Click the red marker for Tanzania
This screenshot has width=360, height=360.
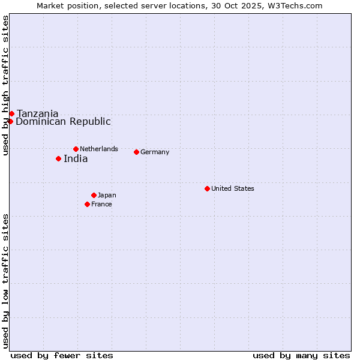(11, 113)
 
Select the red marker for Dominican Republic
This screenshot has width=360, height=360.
(10, 121)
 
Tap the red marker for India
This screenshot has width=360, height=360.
(58, 158)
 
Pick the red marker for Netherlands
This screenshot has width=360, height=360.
(76, 149)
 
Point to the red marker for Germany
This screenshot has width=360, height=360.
(136, 152)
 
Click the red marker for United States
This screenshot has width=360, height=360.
(207, 188)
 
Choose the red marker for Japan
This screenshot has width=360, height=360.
(94, 195)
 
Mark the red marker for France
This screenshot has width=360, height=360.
(87, 204)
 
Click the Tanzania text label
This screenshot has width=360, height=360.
(38, 114)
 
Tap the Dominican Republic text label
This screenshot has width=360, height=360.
(63, 122)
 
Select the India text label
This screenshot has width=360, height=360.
(76, 159)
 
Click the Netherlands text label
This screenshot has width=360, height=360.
(99, 149)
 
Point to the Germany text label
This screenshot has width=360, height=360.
(155, 152)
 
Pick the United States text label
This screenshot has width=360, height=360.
(233, 188)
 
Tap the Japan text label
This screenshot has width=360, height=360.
(107, 195)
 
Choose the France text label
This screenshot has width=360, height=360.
(101, 204)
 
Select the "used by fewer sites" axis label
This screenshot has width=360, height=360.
(62, 355)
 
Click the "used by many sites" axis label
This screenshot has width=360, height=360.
(301, 355)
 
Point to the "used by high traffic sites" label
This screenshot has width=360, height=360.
(5, 85)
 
